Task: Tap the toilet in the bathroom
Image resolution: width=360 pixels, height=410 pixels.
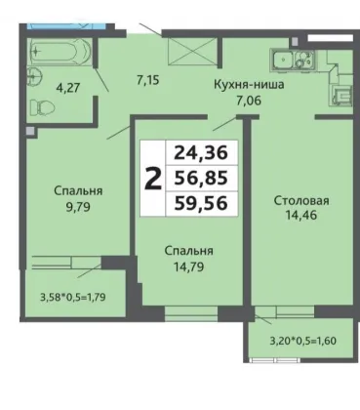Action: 42,106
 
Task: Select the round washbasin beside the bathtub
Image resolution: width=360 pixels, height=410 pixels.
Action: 34,76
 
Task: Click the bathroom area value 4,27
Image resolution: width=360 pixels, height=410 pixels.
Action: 68,88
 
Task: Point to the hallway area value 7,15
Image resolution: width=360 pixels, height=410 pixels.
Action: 148,80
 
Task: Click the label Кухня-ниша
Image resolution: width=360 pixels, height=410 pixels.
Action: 249,85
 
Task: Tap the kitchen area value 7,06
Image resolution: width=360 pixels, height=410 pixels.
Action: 249,101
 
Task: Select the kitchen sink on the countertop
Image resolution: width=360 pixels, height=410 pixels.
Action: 283,60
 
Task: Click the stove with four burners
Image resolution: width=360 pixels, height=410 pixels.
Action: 305,60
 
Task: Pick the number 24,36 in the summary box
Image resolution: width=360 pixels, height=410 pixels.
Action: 201,152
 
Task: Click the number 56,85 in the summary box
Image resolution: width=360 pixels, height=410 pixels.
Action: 201,179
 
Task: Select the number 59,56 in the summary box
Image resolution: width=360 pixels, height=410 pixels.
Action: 201,204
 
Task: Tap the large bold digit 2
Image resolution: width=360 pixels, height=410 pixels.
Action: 153,179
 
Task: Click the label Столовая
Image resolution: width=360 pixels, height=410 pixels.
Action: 301,200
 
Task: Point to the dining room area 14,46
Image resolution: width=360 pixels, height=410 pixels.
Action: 301,215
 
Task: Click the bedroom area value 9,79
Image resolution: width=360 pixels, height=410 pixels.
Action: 78,207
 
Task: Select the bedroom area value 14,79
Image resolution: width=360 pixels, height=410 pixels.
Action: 189,267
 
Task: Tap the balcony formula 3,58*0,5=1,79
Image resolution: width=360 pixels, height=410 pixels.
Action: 73,297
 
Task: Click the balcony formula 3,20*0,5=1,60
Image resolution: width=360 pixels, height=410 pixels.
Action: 303,341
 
